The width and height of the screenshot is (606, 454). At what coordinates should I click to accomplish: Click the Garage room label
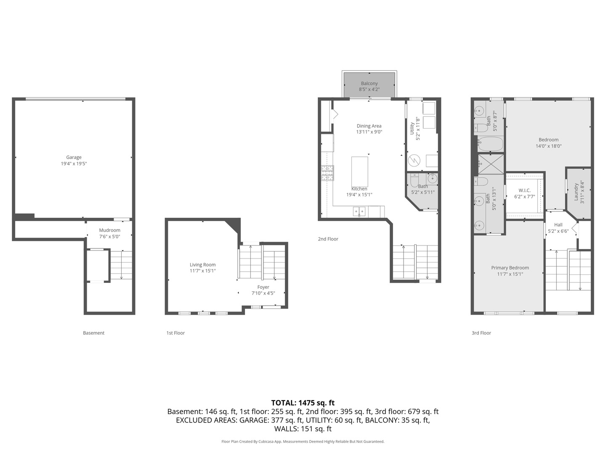coord(74,158)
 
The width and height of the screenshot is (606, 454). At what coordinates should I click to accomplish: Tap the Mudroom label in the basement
coord(109,230)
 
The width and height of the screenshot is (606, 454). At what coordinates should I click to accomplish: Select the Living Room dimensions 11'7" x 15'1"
coord(202,271)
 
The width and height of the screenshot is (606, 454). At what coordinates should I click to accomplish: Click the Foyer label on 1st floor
coord(263,287)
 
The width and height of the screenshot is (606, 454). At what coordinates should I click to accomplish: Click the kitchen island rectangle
coord(359,171)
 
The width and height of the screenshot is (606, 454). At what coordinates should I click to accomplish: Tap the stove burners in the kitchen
coord(327,173)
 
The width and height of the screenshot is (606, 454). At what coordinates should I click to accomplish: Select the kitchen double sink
coord(359,211)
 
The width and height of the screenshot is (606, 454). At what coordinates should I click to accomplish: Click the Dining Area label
coord(369,126)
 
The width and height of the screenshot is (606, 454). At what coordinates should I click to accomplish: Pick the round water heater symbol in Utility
coord(415,161)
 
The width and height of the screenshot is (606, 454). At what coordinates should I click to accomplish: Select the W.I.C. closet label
coord(524,190)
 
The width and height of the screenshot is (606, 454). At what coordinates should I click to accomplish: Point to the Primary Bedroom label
coord(510,268)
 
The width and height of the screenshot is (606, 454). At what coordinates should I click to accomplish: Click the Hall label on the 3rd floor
coord(558,225)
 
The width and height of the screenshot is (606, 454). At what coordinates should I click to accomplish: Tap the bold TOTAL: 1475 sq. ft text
coord(303,403)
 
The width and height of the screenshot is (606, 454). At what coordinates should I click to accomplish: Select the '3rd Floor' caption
coord(481,333)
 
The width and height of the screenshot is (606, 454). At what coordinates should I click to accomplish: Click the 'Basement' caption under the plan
coord(93,333)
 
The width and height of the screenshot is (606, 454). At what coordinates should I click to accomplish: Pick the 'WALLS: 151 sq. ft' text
coord(303,429)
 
